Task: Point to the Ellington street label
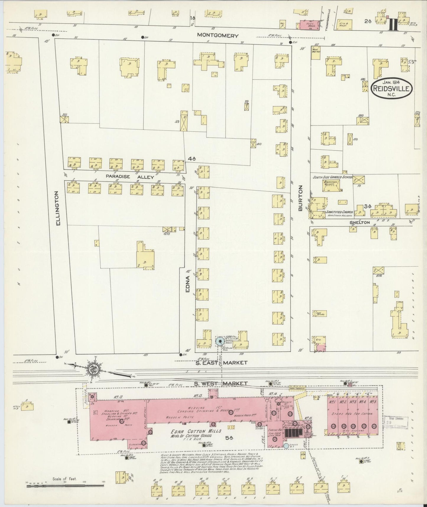pos(58,208)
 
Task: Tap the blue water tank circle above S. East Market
pos(219,341)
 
